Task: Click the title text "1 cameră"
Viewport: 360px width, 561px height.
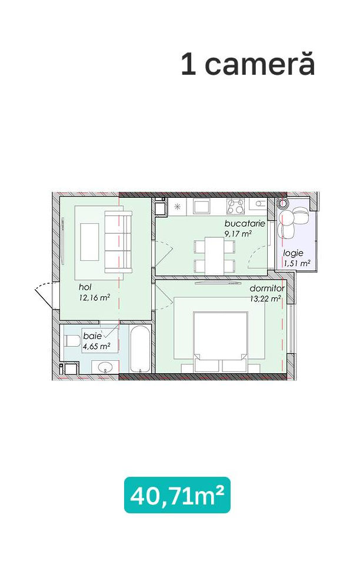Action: [x=248, y=64]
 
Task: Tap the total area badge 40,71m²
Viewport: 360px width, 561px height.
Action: [x=177, y=495]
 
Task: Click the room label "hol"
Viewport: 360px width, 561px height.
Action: [x=85, y=287]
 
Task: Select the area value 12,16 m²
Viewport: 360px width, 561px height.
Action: [x=94, y=298]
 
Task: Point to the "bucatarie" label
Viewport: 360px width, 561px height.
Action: [x=245, y=224]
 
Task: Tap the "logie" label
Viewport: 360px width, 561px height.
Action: [x=293, y=253]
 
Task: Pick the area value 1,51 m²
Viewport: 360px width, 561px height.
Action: [x=296, y=264]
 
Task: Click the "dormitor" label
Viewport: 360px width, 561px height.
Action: [x=267, y=288]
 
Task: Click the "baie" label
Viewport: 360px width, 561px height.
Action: [x=92, y=336]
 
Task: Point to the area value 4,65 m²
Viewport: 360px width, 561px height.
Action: [x=96, y=346]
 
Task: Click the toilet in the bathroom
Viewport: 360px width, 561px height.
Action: [x=72, y=340]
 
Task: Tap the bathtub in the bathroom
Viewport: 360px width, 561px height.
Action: [x=142, y=349]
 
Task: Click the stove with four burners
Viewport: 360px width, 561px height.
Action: [x=235, y=207]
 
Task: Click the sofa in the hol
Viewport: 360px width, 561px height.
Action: [x=118, y=241]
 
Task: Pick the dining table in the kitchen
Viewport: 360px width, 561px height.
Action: [x=215, y=256]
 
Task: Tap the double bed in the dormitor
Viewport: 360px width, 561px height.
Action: [x=221, y=341]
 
